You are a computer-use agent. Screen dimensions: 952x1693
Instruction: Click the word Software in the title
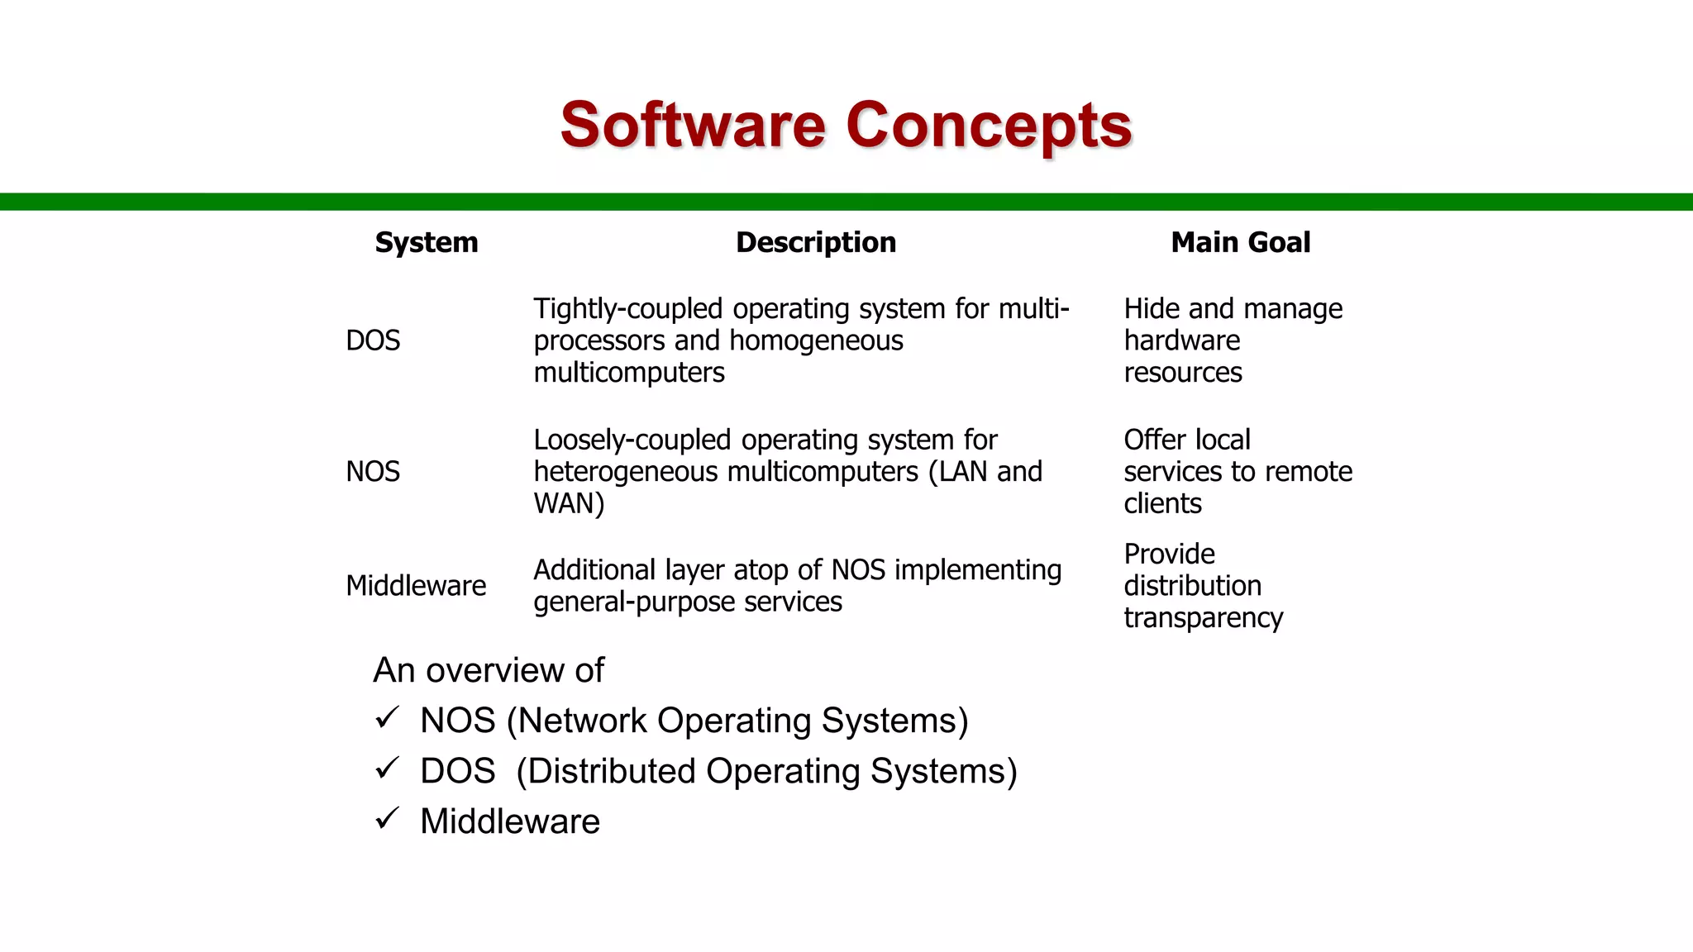click(693, 126)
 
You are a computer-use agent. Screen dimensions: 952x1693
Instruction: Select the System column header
click(427, 242)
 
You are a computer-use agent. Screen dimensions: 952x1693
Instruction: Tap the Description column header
click(816, 242)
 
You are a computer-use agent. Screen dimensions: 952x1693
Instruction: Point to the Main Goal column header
click(1240, 242)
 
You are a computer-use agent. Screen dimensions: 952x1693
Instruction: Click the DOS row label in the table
click(373, 340)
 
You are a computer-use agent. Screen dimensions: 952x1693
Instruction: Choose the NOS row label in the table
click(373, 472)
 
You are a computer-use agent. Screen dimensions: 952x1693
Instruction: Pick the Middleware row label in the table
click(416, 586)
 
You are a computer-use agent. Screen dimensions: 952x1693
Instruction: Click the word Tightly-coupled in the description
click(627, 309)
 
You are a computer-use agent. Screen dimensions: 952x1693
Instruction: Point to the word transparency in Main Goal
click(1203, 618)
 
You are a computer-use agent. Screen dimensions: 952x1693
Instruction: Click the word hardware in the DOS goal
click(1182, 340)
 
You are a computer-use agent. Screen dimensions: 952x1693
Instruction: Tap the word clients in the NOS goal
click(1162, 503)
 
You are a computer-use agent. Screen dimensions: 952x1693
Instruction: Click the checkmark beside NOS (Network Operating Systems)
click(387, 717)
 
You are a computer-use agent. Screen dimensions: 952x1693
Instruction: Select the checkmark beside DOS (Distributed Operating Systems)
click(387, 768)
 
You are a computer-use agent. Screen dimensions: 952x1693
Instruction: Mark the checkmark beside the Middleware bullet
click(387, 818)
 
